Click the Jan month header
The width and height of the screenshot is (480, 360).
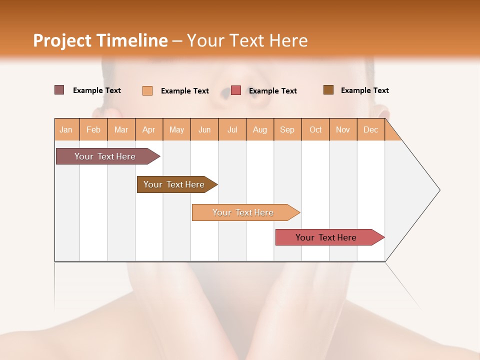(x=66, y=129)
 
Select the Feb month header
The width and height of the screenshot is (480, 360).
(x=93, y=129)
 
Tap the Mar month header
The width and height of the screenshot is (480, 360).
(x=121, y=129)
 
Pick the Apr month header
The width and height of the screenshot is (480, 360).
(x=149, y=129)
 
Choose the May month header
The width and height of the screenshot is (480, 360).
(x=176, y=129)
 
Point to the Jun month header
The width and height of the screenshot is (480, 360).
(x=204, y=129)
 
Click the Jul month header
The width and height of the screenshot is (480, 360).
(x=232, y=129)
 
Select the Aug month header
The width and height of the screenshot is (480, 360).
(x=260, y=129)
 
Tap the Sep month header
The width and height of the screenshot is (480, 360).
(x=287, y=129)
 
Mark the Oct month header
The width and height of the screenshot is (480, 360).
(x=315, y=129)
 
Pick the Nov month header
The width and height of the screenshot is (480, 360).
(x=343, y=129)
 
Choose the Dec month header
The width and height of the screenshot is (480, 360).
(x=371, y=129)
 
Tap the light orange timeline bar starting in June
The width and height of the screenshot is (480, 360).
(x=243, y=212)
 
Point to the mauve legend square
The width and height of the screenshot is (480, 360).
(x=59, y=90)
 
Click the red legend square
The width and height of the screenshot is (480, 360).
(x=236, y=90)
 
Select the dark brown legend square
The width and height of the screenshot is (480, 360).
(x=328, y=90)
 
